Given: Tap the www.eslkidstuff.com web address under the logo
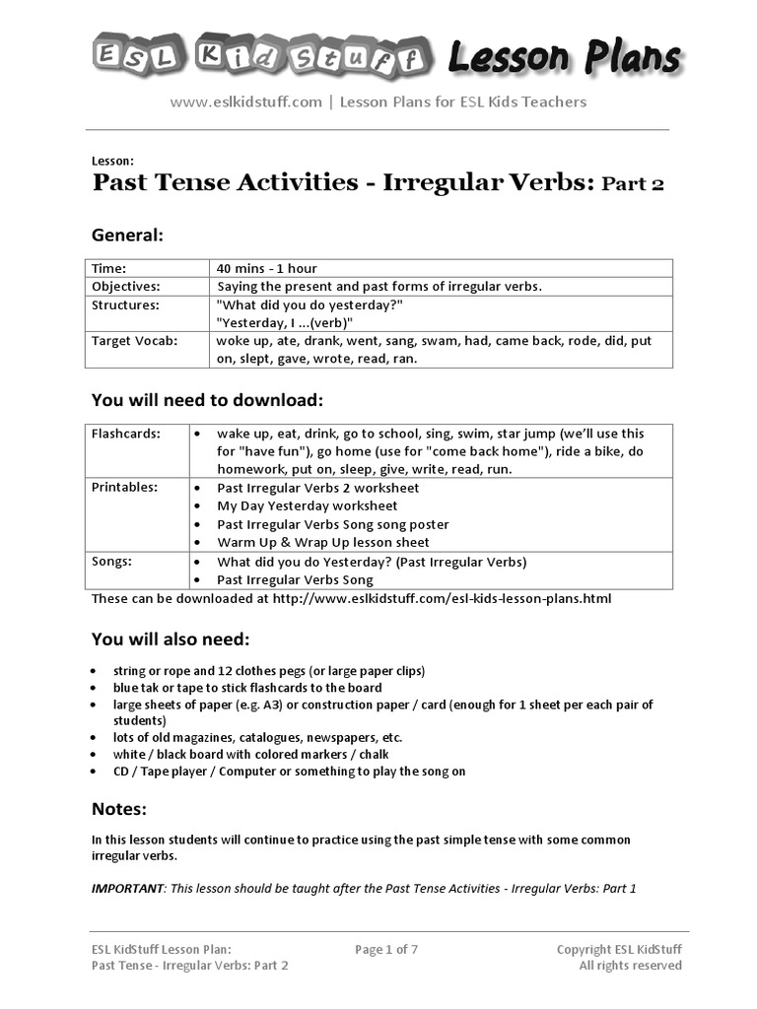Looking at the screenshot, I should coord(246,101).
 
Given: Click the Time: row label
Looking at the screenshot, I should coord(109,268).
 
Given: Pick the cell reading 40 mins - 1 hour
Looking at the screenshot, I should coord(266,268).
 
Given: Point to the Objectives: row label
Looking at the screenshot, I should coord(125,286).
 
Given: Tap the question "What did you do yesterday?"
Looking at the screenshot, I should coord(310,304).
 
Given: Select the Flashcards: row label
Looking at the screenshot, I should coord(125,434).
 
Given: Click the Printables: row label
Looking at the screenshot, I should coord(124,488).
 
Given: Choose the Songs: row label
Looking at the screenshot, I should coord(110,562).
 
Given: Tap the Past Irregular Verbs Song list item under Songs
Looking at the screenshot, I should coord(296,580).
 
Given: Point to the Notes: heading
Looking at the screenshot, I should coord(119,809).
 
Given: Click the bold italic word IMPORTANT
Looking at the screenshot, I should coord(127,888).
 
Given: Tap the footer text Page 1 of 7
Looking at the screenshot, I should coord(386,950).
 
